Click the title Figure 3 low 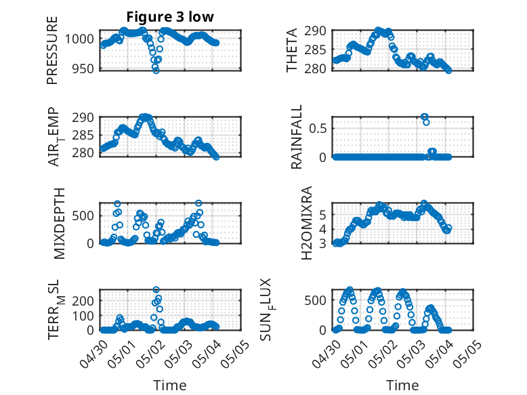click(x=170, y=17)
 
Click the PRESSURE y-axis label click(x=52, y=50)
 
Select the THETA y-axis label click(x=292, y=50)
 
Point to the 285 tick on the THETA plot click(x=315, y=49)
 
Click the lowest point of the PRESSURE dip click(x=156, y=70)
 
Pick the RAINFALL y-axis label click(x=297, y=137)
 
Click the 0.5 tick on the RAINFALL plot click(x=318, y=128)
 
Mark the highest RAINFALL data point click(x=424, y=117)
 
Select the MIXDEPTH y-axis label click(x=59, y=224)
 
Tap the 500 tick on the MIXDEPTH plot click(x=83, y=215)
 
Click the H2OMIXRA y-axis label click(x=307, y=223)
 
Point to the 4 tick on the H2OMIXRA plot click(x=322, y=229)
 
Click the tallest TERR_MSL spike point click(x=156, y=289)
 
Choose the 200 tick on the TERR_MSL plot click(x=83, y=301)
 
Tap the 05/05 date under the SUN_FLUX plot click(x=467, y=353)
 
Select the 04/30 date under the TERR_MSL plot click(x=94, y=354)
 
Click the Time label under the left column click(x=170, y=385)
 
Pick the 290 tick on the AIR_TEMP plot click(x=83, y=118)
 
